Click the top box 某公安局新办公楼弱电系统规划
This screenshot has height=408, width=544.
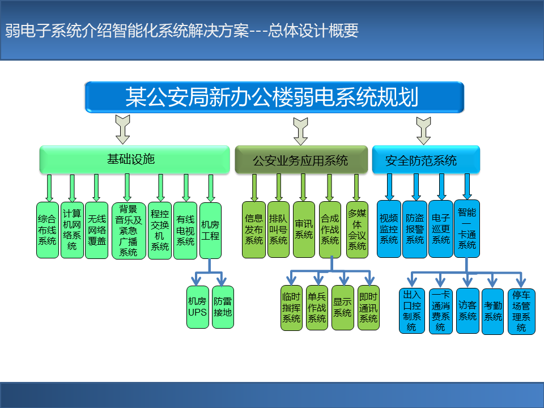click(x=274, y=97)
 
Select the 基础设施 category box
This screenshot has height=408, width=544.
click(x=135, y=160)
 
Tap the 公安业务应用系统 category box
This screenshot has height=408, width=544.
click(x=301, y=160)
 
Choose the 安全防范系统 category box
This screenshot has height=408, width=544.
click(x=426, y=160)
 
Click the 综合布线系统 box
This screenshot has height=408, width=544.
click(x=48, y=230)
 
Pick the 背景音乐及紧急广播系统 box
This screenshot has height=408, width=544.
click(x=129, y=231)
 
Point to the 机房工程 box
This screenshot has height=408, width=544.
click(x=211, y=231)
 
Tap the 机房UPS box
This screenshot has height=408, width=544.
click(x=198, y=307)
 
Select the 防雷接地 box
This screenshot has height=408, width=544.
click(x=223, y=307)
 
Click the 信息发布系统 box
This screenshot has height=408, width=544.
click(x=254, y=229)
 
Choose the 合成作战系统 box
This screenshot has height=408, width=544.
click(x=330, y=229)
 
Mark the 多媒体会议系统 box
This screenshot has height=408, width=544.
click(x=357, y=229)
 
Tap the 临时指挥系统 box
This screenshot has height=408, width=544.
click(x=291, y=308)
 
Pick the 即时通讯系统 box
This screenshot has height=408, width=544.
click(x=368, y=308)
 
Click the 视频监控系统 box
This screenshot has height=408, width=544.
click(x=389, y=229)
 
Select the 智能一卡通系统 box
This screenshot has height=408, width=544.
click(x=467, y=228)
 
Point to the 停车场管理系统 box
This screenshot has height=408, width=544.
click(x=521, y=312)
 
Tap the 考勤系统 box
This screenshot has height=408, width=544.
click(x=492, y=312)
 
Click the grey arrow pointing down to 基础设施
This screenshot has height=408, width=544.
click(x=123, y=129)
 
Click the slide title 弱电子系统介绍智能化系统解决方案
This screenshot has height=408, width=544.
click(x=127, y=31)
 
